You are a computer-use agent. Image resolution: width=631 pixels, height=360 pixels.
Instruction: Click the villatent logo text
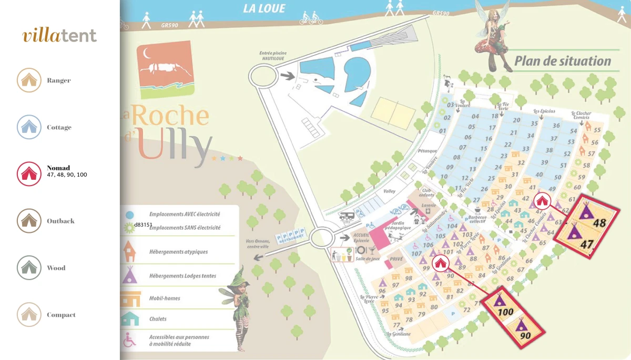(x=59, y=36)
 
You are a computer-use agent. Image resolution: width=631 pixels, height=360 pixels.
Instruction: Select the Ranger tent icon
(x=29, y=80)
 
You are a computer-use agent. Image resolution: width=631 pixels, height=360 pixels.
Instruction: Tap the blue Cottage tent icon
(x=29, y=127)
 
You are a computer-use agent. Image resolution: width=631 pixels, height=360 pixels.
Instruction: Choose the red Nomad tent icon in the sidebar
(x=29, y=173)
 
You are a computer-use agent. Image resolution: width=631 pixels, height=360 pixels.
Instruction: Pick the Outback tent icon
(x=29, y=221)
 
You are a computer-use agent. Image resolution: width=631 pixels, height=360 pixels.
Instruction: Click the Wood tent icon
(x=29, y=268)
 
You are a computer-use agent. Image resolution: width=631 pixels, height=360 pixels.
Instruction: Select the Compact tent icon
(x=29, y=315)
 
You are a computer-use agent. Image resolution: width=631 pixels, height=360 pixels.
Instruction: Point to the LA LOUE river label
(x=264, y=8)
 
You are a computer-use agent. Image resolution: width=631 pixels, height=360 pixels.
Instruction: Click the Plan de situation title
(x=563, y=61)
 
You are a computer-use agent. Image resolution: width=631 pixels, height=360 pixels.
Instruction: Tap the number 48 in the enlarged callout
(x=599, y=222)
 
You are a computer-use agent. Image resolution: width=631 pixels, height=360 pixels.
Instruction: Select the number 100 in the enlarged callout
(x=505, y=312)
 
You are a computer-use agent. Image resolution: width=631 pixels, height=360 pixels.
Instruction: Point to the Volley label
(x=389, y=191)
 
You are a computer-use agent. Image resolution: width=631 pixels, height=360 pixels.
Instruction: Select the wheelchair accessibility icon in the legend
(x=129, y=340)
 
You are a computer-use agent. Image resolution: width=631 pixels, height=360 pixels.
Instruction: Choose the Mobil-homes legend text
(x=165, y=298)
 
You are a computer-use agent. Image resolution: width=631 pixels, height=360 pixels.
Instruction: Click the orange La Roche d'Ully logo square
(x=165, y=66)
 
